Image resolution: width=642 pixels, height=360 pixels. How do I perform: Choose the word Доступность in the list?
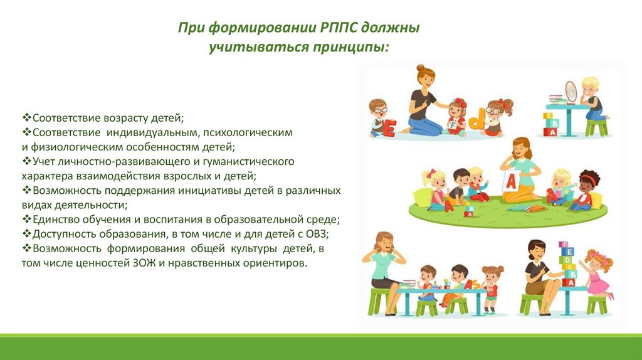point(62,235)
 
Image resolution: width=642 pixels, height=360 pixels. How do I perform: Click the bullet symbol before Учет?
point(26,161)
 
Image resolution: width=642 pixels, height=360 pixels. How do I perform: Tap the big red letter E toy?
point(389,128)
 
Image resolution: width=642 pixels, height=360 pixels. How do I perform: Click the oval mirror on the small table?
point(571,92)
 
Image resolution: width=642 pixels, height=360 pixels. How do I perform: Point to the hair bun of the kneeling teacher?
point(420,68)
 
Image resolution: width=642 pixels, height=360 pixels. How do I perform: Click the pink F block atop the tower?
point(564,245)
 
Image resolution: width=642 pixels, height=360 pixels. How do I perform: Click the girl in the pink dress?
point(598,272)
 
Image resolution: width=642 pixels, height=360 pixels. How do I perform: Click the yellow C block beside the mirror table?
point(547,116)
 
